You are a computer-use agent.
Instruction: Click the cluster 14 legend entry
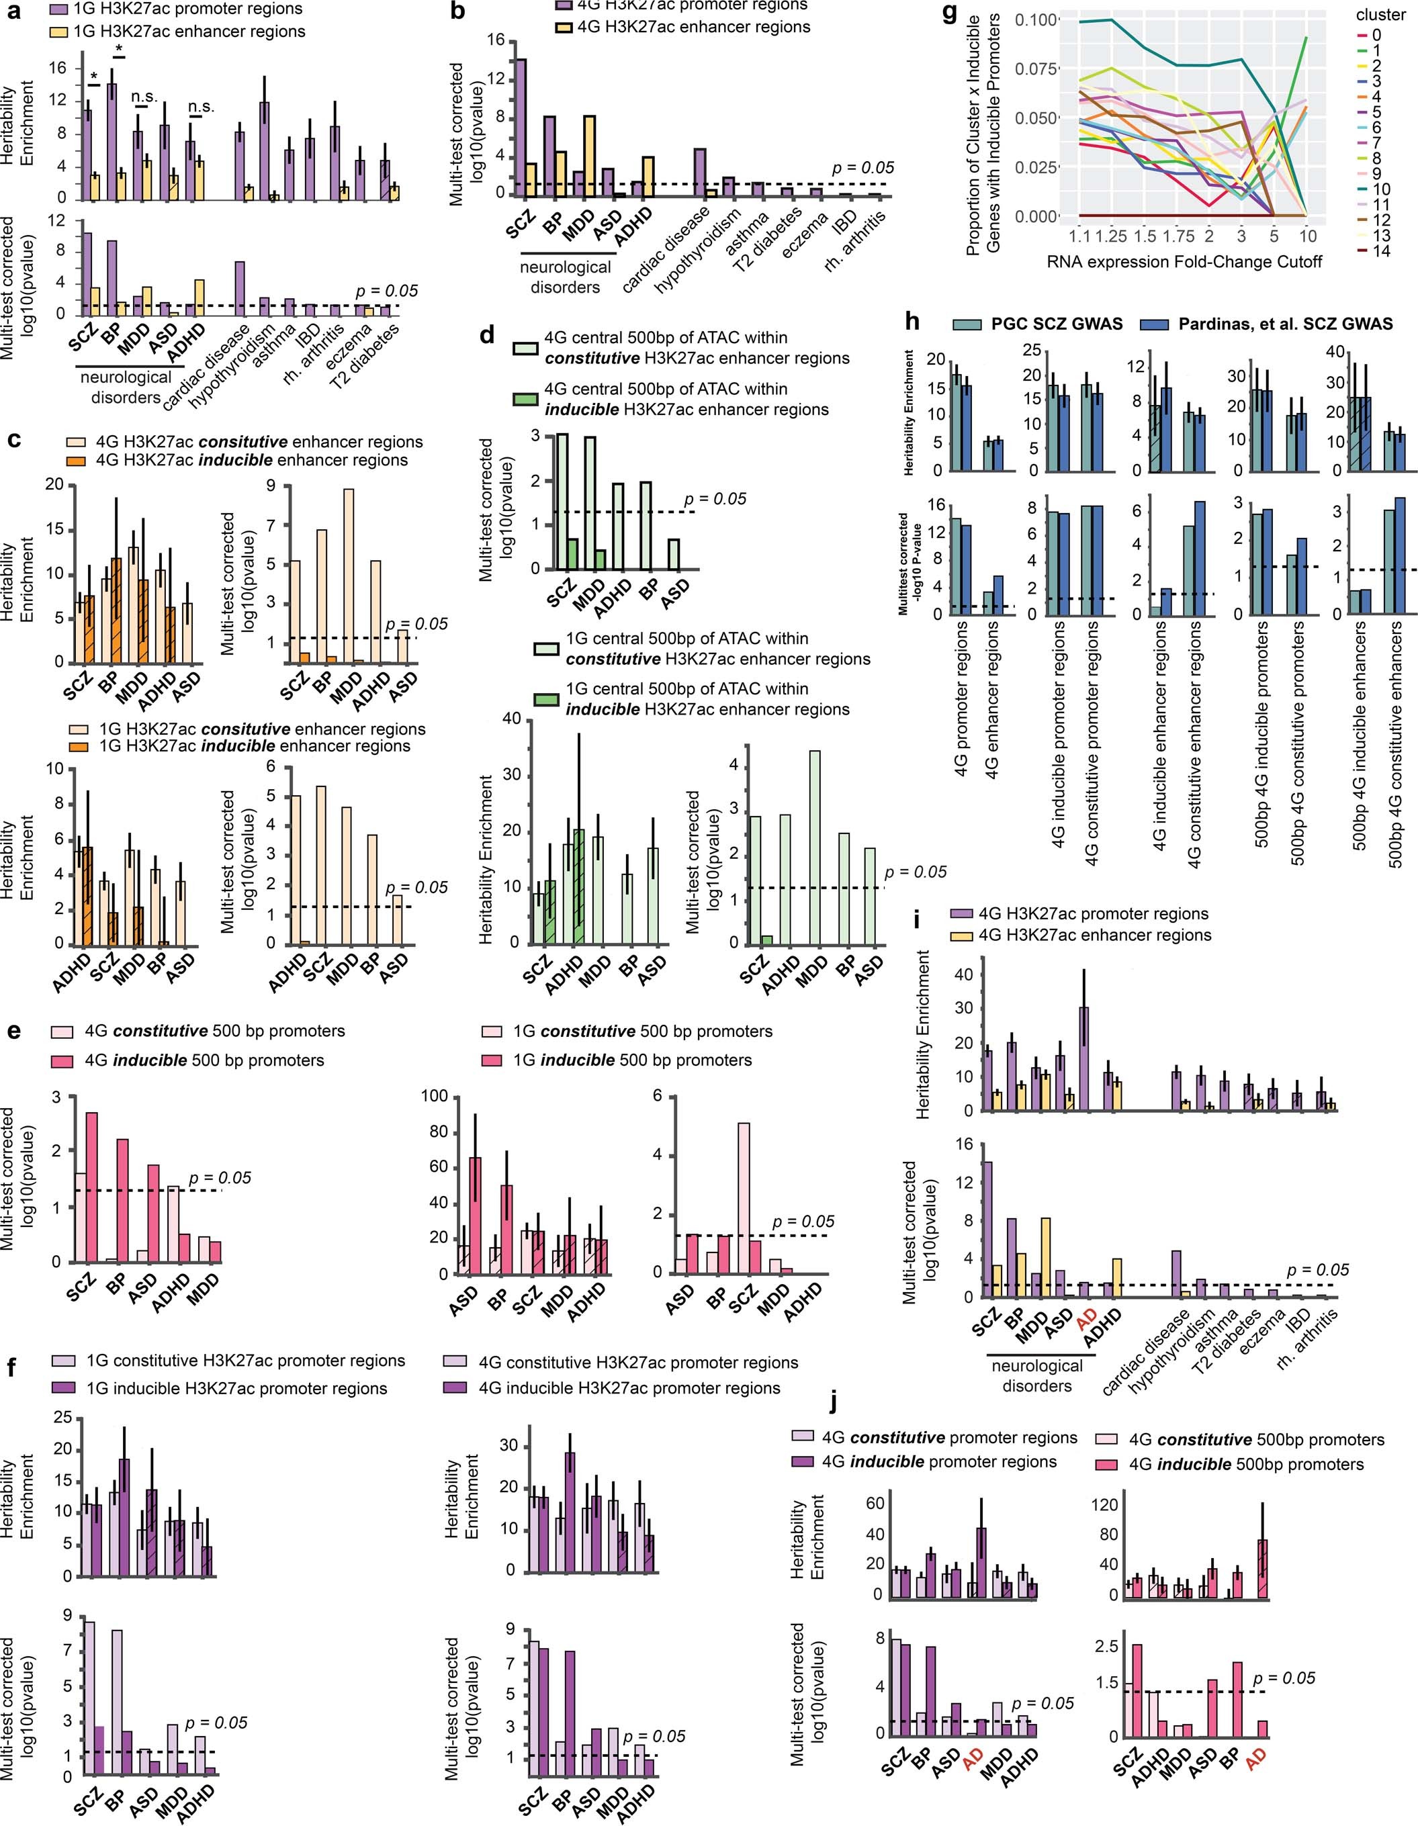(1380, 250)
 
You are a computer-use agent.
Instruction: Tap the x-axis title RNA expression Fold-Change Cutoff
(1184, 262)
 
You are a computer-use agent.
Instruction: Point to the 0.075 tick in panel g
(1035, 67)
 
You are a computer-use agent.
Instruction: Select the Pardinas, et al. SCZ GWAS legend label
(1286, 324)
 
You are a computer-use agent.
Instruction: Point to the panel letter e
(13, 1030)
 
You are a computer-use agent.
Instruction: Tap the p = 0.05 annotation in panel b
(863, 168)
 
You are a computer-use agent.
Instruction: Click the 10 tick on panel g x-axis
(1308, 236)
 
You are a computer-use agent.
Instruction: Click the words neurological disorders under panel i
(1036, 1375)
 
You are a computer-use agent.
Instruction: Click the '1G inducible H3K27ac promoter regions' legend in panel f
(236, 1389)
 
